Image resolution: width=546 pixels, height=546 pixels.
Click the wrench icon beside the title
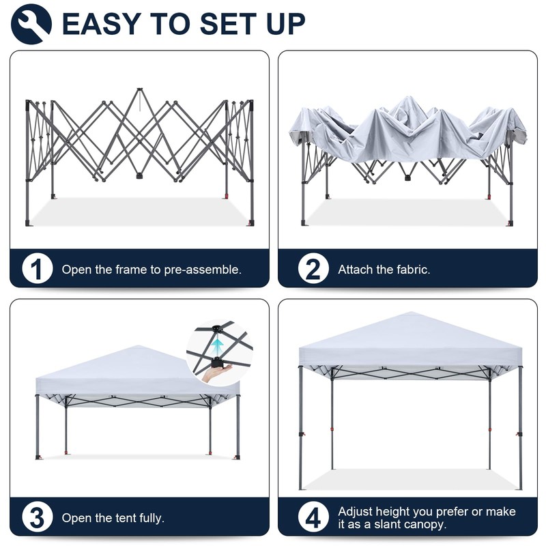[31, 23]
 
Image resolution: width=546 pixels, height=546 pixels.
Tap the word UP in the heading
[283, 24]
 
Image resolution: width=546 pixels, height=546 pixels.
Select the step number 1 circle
[38, 270]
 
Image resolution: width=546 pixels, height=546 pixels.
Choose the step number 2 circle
[313, 270]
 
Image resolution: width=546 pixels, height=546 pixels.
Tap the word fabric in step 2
[413, 270]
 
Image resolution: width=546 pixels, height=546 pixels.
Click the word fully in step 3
[149, 518]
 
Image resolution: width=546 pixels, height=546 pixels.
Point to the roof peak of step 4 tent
[410, 314]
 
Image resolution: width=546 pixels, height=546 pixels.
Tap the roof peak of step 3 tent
[138, 347]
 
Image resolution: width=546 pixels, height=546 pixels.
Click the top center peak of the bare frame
[140, 89]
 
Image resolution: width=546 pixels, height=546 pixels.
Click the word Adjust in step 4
[355, 511]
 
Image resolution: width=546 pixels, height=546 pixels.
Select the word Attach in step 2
[355, 270]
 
